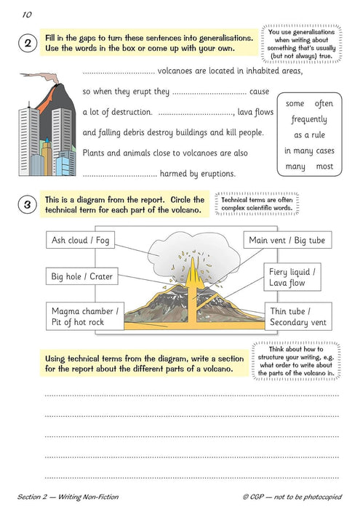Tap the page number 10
pyautogui.click(x=27, y=14)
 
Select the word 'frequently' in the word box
pyautogui.click(x=309, y=119)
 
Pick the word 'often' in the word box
pyautogui.click(x=324, y=103)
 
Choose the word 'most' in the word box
pyautogui.click(x=324, y=167)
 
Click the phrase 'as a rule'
pyautogui.click(x=309, y=135)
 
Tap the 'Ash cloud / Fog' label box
pyautogui.click(x=81, y=240)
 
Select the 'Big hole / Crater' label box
pyautogui.click(x=82, y=276)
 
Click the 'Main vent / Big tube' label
pyautogui.click(x=287, y=240)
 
